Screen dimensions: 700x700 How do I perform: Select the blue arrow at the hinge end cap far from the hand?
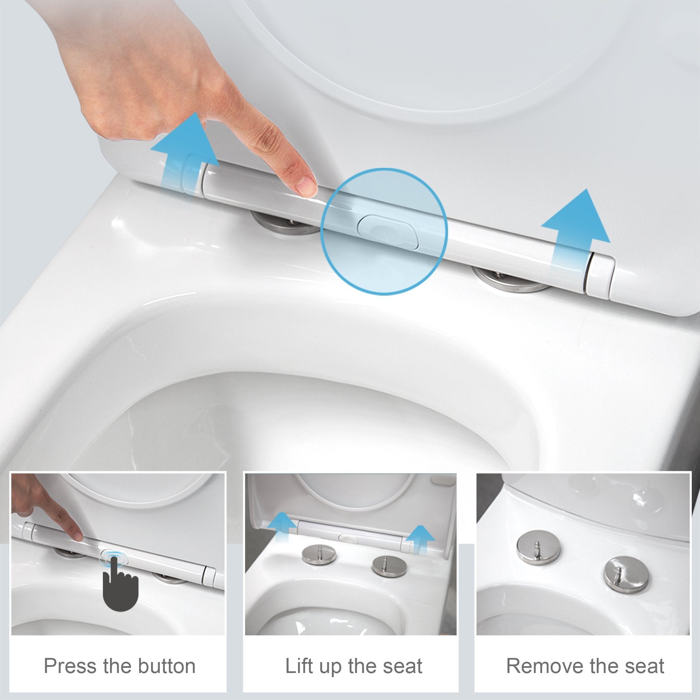tap(575, 228)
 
